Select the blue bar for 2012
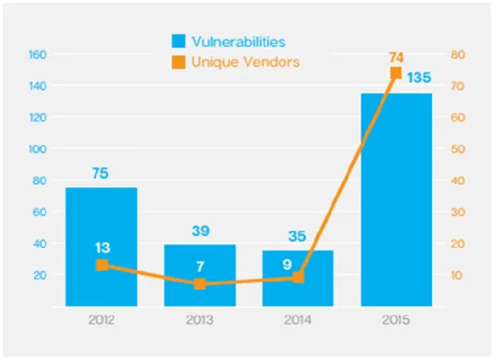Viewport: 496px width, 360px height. [x=101, y=247]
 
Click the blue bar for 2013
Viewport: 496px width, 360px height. [x=199, y=275]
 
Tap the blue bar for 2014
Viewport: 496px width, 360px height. [x=298, y=278]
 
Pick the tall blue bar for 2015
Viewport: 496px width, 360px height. [x=396, y=200]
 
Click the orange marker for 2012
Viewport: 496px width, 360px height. [x=101, y=265]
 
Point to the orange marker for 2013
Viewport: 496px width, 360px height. [x=200, y=284]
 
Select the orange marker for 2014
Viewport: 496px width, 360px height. [x=299, y=277]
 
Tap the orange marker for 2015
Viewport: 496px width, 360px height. [x=396, y=72]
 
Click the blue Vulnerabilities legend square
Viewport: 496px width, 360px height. [x=178, y=41]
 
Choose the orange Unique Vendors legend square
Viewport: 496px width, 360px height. [x=178, y=62]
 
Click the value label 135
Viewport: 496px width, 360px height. [x=419, y=78]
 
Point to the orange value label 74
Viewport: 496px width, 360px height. [x=396, y=57]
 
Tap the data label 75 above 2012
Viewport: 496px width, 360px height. [x=101, y=173]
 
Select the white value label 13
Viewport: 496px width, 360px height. [x=102, y=247]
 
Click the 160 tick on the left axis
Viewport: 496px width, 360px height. [x=38, y=55]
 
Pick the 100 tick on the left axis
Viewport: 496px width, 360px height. [x=38, y=149]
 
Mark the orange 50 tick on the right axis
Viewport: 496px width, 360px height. [x=458, y=149]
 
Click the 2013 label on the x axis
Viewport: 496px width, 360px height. [x=199, y=321]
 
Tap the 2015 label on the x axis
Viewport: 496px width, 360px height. [x=396, y=321]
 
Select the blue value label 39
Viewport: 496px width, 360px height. [x=200, y=231]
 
